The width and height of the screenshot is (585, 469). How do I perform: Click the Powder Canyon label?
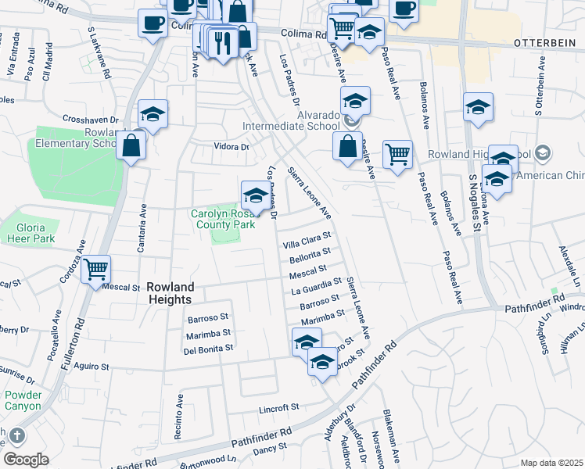click(x=23, y=400)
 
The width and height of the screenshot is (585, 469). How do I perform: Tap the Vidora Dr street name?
click(x=231, y=146)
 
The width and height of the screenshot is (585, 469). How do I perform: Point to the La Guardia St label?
click(x=316, y=286)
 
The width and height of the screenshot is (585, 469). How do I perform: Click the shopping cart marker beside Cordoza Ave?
click(x=95, y=270)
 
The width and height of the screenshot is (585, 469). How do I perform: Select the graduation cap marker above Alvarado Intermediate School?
click(x=354, y=102)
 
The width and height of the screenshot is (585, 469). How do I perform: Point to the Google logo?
click(x=26, y=460)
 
